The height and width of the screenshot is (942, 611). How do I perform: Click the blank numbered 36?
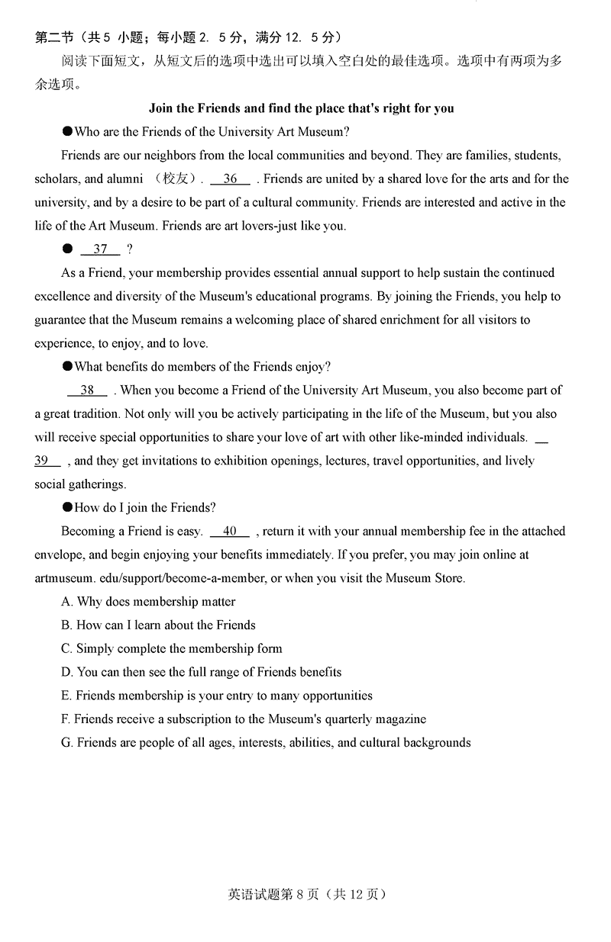230,179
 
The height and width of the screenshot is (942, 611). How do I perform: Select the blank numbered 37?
100,249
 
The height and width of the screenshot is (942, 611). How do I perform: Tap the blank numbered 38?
87,391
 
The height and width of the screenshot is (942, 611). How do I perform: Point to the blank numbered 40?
230,532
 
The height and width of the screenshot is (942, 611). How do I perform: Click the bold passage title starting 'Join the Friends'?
301,108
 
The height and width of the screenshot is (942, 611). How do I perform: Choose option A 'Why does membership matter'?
148,602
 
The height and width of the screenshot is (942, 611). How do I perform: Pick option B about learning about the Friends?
158,625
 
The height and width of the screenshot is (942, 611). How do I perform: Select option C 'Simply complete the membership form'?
172,649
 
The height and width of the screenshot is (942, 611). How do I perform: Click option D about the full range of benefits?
201,672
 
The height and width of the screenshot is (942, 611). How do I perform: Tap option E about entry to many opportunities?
217,696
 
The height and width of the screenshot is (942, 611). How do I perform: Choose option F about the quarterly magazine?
244,719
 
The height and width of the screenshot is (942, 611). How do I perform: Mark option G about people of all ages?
266,742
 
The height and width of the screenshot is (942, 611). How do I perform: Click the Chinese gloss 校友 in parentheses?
178,179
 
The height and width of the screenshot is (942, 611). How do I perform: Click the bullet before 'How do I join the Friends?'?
68,508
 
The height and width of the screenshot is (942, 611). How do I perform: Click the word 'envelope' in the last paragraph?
59,555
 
